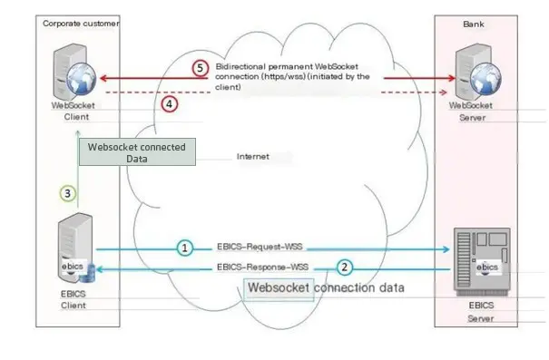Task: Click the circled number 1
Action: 184,247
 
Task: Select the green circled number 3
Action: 66,192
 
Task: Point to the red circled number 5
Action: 201,68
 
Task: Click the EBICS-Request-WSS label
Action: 262,246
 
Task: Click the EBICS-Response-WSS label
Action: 264,268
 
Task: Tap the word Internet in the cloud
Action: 253,156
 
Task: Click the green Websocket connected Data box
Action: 137,152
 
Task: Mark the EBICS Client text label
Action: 64,302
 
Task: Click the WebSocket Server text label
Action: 477,111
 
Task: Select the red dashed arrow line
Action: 272,92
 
